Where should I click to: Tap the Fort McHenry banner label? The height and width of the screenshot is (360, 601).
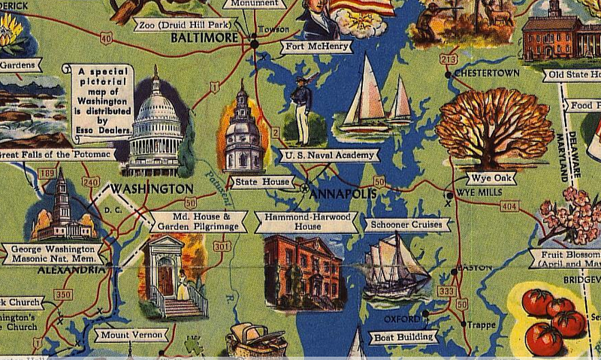317,47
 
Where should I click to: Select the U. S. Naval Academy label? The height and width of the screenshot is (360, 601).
328,156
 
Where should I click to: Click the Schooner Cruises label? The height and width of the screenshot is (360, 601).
407,224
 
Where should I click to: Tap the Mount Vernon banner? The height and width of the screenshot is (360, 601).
130,334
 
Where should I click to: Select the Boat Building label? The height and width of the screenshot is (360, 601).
403,337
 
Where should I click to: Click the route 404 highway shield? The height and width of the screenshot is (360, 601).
509,205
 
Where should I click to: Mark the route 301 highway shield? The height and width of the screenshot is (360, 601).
221,246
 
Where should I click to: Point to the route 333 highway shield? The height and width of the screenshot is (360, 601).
446,291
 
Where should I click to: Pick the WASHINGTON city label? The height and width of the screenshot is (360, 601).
153,187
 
